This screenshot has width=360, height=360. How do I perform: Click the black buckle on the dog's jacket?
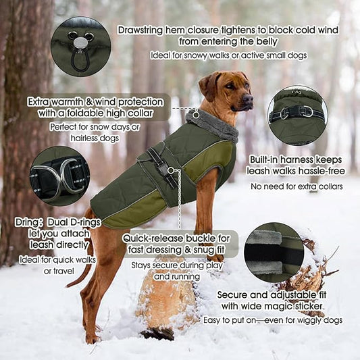pyautogui.click(x=163, y=165)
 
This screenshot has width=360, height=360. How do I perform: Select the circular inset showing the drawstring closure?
pyautogui.click(x=80, y=46)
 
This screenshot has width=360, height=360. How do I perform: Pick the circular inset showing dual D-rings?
pyautogui.click(x=59, y=176)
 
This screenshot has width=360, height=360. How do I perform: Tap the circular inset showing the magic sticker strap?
pyautogui.click(x=274, y=252)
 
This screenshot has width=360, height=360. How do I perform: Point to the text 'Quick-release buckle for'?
pyautogui.click(x=180, y=238)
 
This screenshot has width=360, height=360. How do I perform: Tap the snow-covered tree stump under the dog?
pyautogui.click(x=165, y=297)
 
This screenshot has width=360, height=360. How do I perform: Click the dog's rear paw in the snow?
pyautogui.click(x=91, y=338)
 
